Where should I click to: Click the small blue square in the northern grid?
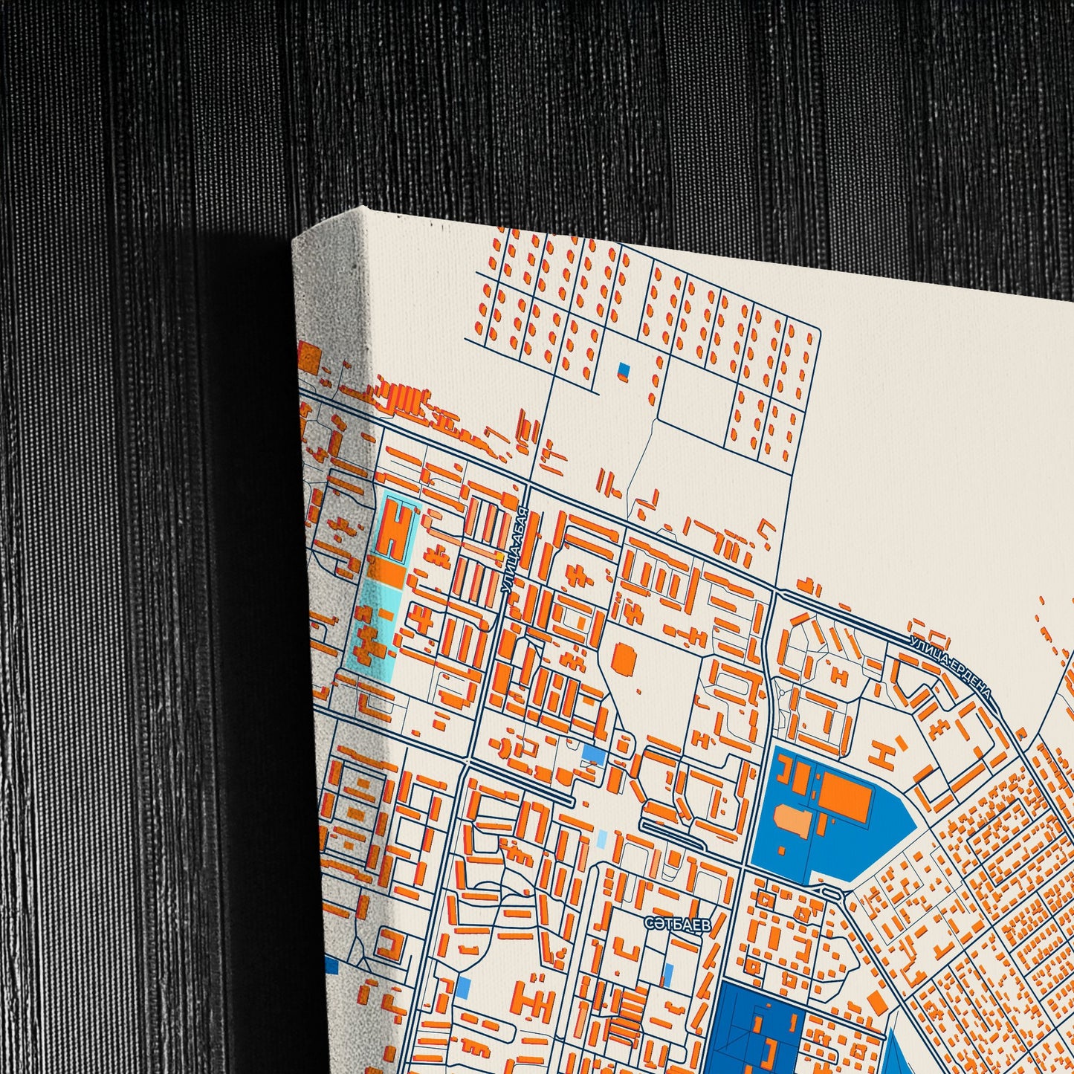pos(624,369)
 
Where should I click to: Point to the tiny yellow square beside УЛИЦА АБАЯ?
pos(500,555)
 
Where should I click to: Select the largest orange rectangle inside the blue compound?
pos(846,797)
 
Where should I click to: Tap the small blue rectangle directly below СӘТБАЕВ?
pos(668,972)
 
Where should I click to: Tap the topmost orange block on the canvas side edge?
pos(308,358)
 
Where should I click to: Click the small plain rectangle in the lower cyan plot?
pos(386,615)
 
